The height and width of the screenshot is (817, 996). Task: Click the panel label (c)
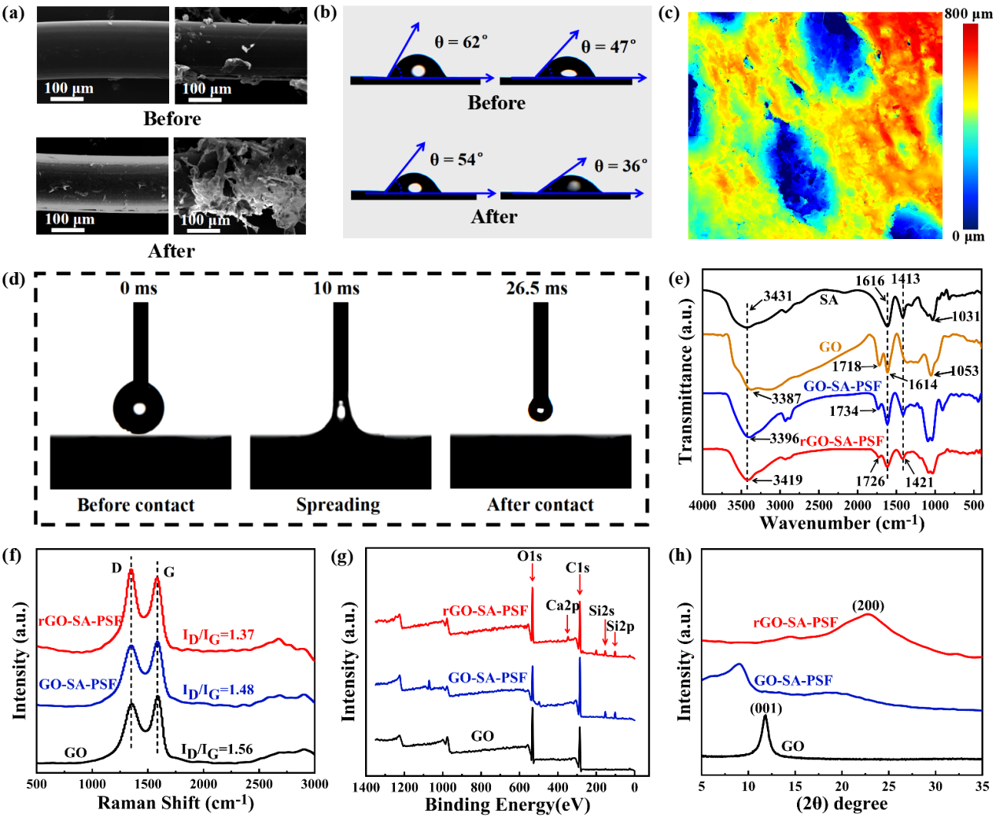(669, 13)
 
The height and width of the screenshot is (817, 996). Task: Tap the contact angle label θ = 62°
(461, 42)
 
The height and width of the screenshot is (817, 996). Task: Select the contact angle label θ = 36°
(621, 166)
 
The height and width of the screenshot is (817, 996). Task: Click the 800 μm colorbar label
(968, 13)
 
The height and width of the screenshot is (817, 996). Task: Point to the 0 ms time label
(138, 289)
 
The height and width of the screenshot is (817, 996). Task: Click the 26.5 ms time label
(537, 289)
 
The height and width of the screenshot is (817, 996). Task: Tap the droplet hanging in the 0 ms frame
(138, 407)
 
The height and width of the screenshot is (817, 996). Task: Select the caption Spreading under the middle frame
(338, 505)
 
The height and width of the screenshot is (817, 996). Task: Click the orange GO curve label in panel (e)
(830, 347)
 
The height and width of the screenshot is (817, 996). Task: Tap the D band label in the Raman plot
(116, 569)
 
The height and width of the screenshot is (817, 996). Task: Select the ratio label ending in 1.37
(218, 635)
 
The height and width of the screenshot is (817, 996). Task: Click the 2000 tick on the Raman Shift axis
(203, 783)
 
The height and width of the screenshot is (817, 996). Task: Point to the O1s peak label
(529, 557)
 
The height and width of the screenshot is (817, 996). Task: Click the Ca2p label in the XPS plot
(563, 605)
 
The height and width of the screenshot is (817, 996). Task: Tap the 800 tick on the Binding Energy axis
(481, 787)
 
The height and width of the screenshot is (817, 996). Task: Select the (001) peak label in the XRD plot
(765, 708)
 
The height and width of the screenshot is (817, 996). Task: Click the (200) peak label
(868, 605)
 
